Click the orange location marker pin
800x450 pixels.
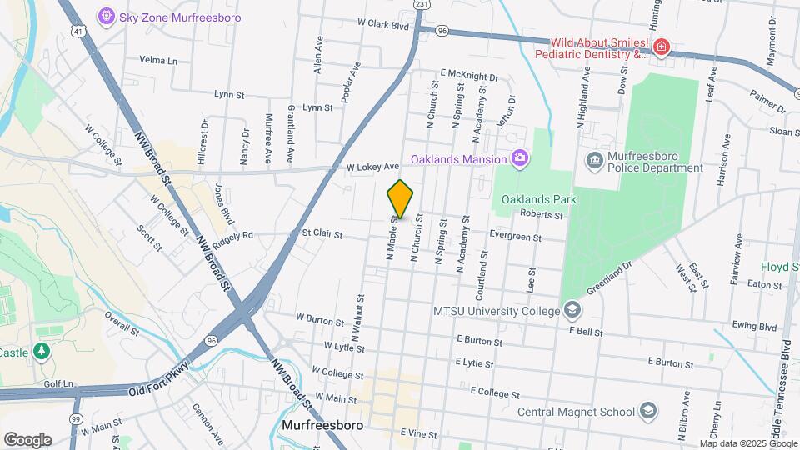(x=400, y=200)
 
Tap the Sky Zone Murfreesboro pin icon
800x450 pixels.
(x=106, y=15)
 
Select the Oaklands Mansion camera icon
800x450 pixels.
(x=520, y=158)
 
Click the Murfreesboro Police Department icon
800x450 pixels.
(x=594, y=160)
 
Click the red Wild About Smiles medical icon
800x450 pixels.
(x=662, y=47)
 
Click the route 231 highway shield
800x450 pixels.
(x=422, y=4)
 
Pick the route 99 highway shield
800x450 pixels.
(x=76, y=418)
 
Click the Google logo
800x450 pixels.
(x=27, y=440)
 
